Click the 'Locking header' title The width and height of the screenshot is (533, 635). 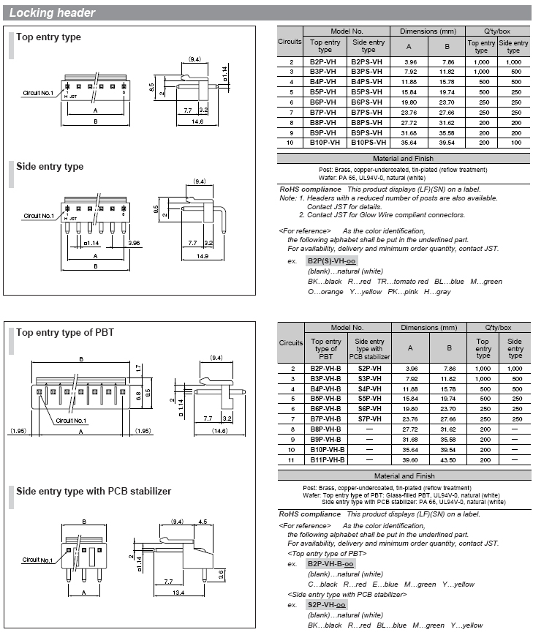[x=52, y=13]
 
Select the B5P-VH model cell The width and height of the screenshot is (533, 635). [x=323, y=92]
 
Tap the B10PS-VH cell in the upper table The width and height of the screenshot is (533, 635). [x=368, y=143]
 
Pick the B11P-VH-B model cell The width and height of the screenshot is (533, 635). [x=328, y=460]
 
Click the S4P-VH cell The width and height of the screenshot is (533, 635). [x=369, y=388]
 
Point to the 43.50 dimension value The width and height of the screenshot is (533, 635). [x=448, y=460]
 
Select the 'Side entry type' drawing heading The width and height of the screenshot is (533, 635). [x=50, y=167]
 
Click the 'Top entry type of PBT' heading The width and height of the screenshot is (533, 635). [x=65, y=332]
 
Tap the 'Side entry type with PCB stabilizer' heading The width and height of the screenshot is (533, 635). [x=94, y=491]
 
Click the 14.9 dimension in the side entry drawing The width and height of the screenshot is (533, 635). [x=203, y=256]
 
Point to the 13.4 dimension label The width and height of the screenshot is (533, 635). [x=178, y=593]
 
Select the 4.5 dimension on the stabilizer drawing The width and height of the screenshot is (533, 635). [x=203, y=522]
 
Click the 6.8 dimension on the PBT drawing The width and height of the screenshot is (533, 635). [x=139, y=396]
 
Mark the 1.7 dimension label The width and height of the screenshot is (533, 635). [x=139, y=368]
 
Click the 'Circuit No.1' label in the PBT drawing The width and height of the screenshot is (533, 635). [x=71, y=421]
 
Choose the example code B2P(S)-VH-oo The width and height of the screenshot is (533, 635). [x=331, y=261]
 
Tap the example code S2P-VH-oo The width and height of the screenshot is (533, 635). [x=327, y=605]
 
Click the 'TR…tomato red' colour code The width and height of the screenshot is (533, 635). [x=403, y=282]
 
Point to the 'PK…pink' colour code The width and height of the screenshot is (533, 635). [x=403, y=292]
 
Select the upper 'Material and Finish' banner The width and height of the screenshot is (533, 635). [x=403, y=159]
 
